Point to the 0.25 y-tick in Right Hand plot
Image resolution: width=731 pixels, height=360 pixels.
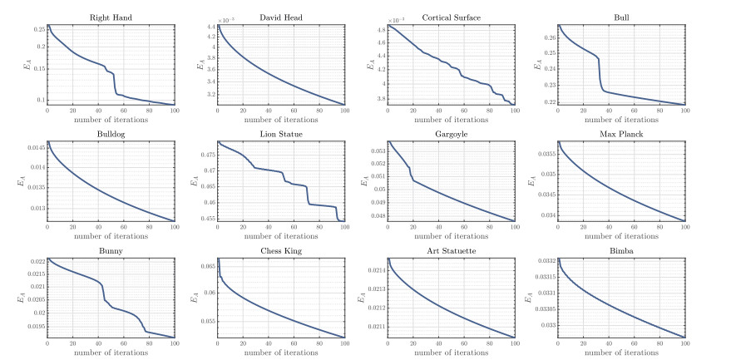(38, 29)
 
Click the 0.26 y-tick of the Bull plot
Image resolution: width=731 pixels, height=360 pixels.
(548, 37)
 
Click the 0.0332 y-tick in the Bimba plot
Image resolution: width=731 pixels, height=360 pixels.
(545, 261)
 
